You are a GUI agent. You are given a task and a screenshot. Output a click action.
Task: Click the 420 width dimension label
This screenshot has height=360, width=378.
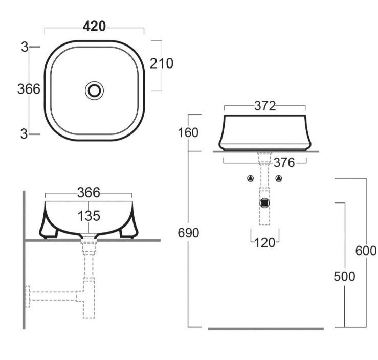94,27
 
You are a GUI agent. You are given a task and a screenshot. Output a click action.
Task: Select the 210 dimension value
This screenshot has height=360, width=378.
161,63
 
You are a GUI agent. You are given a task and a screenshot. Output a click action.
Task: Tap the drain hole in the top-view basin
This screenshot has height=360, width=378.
94,91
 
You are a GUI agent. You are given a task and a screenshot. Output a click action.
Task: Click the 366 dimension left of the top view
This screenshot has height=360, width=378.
29,89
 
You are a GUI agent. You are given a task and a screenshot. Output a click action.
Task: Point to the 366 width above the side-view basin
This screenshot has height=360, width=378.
88,193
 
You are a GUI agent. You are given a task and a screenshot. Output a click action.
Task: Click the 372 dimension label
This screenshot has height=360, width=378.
265,106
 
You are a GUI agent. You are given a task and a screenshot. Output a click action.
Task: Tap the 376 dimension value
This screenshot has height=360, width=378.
284,163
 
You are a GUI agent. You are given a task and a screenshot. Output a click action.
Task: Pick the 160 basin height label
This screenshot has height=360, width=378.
188,133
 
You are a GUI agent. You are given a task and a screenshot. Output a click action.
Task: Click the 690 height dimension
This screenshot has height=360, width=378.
188,233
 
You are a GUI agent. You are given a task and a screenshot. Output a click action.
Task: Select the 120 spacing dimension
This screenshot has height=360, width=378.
265,242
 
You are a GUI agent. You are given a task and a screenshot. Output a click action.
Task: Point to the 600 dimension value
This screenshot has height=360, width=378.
366,251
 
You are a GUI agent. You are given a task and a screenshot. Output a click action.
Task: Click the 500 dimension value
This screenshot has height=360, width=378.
344,276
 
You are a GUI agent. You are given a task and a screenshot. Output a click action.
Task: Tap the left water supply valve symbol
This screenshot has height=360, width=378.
251,178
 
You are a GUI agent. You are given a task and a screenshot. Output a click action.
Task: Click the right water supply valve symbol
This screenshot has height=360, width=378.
279,178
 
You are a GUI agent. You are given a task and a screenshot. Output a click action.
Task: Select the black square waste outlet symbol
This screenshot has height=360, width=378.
264,202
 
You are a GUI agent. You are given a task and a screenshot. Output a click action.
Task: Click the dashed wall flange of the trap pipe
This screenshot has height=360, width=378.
28,297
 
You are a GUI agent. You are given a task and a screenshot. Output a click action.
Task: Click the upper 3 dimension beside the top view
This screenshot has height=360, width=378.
24,47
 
